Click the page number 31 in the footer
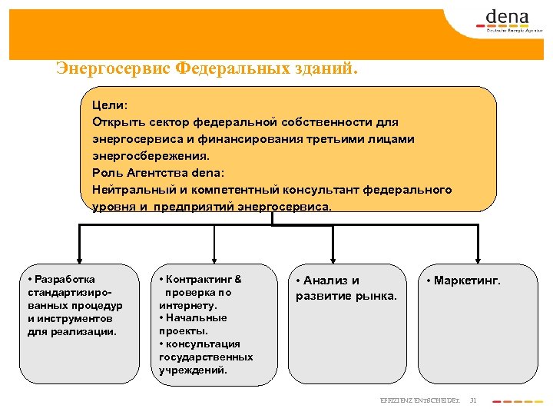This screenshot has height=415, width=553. [473, 400]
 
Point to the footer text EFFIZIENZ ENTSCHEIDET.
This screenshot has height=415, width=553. [420, 400]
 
